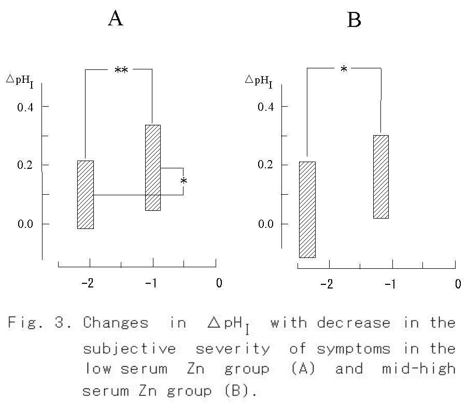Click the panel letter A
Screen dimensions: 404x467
coord(116,19)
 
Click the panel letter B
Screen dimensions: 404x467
coord(353,21)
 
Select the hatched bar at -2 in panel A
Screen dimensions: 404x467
coord(86,194)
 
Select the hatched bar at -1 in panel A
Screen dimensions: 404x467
coord(153,167)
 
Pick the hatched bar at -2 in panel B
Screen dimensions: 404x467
coord(307,209)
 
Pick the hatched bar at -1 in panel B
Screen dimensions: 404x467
coord(381,177)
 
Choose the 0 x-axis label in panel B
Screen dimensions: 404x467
coord(458,284)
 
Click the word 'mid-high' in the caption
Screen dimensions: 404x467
coord(419,369)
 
